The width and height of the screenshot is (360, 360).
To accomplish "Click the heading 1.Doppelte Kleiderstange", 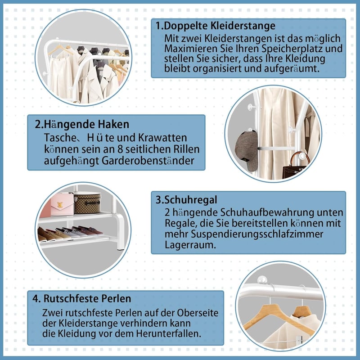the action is (x=216, y=26).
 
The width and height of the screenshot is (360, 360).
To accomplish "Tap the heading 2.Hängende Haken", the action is (x=82, y=124).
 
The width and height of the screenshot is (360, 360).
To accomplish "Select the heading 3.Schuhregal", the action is (x=186, y=200).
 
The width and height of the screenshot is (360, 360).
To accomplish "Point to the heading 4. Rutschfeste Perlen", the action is (x=82, y=298).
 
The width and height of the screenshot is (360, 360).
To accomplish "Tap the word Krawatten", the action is (x=162, y=138).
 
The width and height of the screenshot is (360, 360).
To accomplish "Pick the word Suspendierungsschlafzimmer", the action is (x=257, y=234).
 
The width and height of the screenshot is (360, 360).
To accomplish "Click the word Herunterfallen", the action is (x=169, y=333).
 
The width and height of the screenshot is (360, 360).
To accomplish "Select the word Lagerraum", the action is (x=190, y=245).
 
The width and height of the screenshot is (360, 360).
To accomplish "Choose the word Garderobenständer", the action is (x=148, y=161).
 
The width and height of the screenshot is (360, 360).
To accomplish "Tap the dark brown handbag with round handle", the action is (x=295, y=168).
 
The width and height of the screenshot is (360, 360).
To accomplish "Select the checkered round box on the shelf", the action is (x=87, y=203).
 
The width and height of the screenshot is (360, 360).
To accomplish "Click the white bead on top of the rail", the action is (x=262, y=280).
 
